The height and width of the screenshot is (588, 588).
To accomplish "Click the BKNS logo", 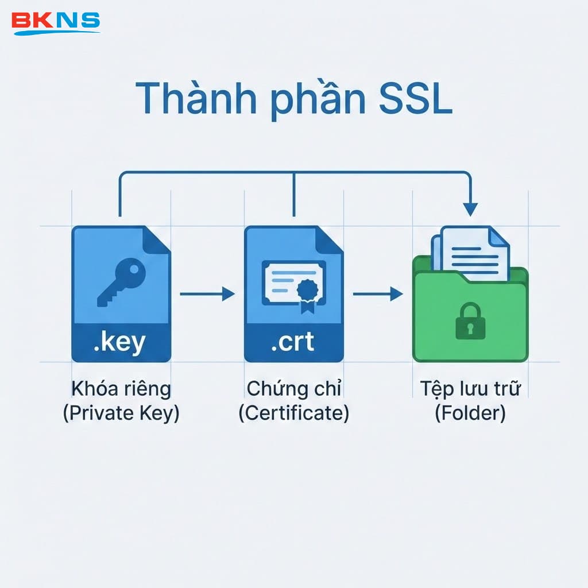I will coord(56,21).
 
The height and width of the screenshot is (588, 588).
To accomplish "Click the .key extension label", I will coord(120,342).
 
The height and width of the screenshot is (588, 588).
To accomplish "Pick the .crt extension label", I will coord(293,342).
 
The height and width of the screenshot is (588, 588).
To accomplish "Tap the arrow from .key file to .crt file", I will coord(207,294).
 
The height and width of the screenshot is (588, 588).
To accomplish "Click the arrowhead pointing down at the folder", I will coord(470,209).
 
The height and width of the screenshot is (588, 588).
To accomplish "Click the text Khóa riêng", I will coord(121,389).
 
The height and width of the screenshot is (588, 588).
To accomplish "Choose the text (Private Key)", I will coord(121,413).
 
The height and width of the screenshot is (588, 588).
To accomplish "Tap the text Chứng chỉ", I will coord(293,389).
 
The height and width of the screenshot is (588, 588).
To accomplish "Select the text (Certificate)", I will coord(293,413).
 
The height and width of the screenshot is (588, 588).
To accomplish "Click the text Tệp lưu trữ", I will coord(470,389).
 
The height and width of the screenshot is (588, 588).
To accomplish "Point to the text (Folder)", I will coord(470,413).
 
